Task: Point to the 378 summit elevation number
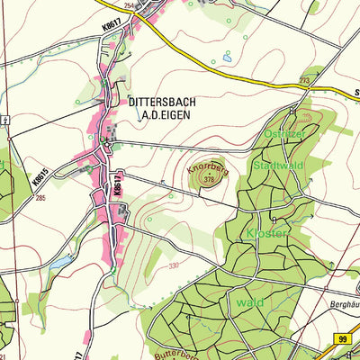210,180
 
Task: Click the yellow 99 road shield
343,337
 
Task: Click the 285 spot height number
41,197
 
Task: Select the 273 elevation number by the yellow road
304,81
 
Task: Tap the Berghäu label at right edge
340,306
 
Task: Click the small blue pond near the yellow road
225,57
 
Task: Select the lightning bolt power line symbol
6,119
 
